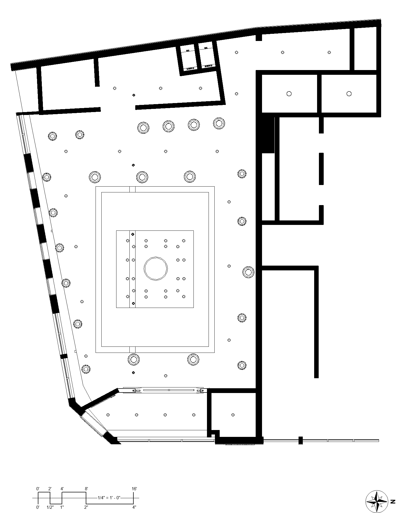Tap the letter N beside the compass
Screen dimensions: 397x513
click(x=393, y=501)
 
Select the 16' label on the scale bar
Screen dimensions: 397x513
click(x=134, y=489)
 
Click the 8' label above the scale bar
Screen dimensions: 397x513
click(x=86, y=489)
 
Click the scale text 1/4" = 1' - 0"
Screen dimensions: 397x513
click(x=109, y=498)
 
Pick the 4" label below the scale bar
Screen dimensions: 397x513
click(x=134, y=507)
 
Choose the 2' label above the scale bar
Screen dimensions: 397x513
click(x=50, y=489)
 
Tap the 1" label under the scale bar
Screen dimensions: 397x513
click(x=62, y=507)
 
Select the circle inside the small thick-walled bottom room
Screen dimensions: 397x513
click(x=233, y=415)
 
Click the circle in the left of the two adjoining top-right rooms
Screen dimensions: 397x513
click(x=289, y=94)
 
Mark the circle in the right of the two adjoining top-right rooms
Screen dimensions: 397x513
click(x=349, y=94)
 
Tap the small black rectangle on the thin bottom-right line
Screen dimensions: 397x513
click(x=300, y=440)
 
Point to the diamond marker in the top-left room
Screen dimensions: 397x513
click(x=134, y=95)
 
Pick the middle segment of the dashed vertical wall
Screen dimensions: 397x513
click(x=321, y=169)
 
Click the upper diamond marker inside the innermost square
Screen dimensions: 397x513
click(x=133, y=234)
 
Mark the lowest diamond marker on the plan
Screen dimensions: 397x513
click(x=133, y=373)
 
